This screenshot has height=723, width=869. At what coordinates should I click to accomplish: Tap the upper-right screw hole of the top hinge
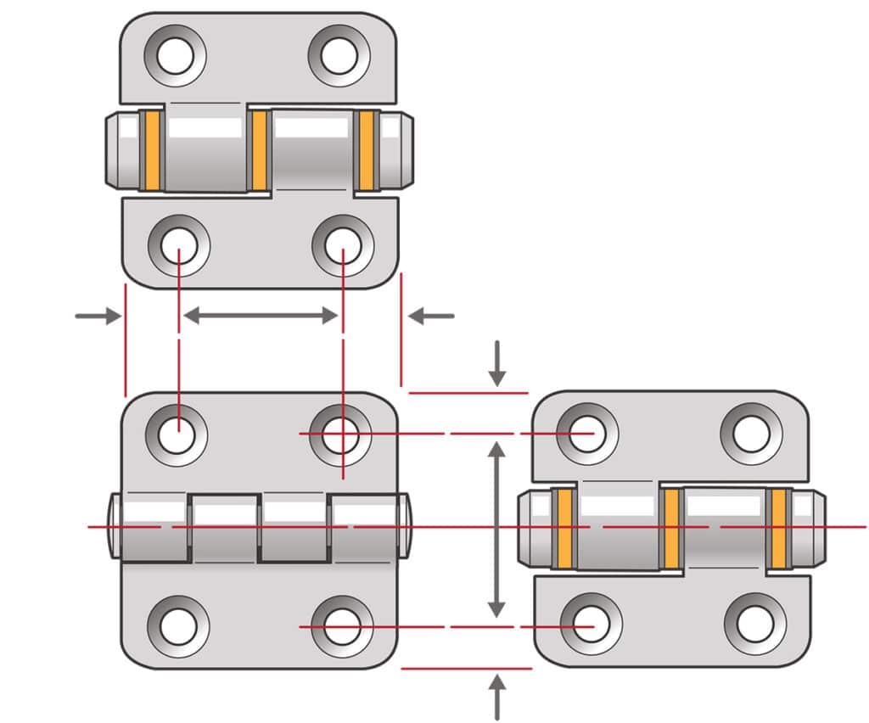point(339,56)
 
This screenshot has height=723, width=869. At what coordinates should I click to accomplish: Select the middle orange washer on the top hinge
point(260,150)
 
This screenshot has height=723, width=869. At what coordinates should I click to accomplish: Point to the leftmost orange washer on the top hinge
point(152,150)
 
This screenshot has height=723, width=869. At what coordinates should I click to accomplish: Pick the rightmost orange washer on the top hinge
point(366,150)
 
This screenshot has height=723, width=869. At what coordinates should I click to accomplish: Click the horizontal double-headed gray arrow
point(261,316)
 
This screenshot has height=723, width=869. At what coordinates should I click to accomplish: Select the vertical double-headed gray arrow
point(497,530)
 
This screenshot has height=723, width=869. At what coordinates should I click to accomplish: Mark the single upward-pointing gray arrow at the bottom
point(497,697)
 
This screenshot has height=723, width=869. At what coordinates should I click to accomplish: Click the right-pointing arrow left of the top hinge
point(98,317)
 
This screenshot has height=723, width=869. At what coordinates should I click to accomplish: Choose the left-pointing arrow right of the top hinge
point(431,317)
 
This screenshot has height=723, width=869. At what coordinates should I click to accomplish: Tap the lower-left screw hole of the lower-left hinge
point(178,626)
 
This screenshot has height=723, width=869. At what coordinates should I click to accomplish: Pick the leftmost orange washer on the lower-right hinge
point(563,529)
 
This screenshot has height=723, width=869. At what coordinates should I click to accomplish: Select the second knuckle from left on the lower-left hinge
point(225,528)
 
